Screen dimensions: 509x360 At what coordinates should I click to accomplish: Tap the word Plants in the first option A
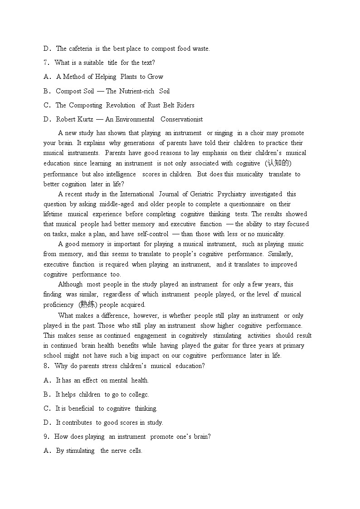click(129, 77)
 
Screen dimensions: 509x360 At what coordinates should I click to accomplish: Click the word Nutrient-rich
click(136, 91)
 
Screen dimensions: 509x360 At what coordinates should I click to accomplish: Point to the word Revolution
click(121, 105)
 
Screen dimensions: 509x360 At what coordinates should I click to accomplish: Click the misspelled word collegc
click(139, 394)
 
